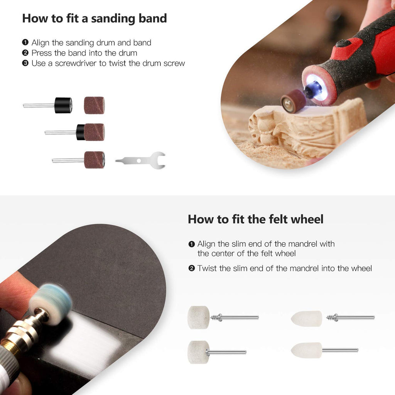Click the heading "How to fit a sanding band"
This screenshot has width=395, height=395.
point(95,19)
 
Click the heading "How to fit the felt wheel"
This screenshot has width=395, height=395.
point(255,219)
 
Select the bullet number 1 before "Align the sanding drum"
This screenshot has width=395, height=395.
point(25,43)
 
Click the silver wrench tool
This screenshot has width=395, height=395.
point(141,160)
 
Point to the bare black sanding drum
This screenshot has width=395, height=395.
point(63,105)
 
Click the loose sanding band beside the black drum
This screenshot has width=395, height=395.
point(94,105)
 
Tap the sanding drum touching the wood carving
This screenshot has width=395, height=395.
point(293,101)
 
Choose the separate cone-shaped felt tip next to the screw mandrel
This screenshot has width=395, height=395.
point(307,319)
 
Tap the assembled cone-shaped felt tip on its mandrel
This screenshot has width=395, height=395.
point(307,350)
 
